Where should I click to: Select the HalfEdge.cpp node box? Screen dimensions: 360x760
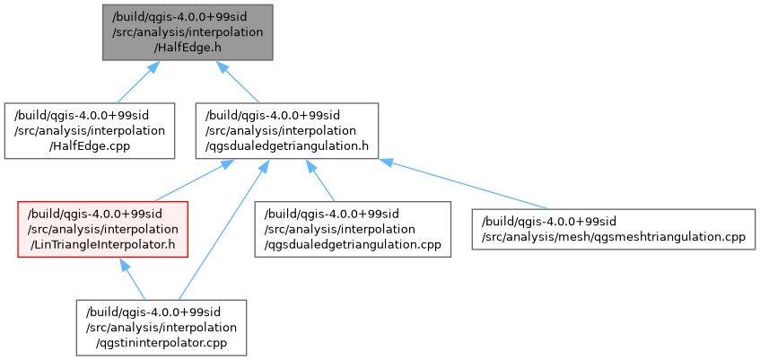coord(89,130)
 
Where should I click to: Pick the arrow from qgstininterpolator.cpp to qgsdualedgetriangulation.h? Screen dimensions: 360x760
coord(220,233)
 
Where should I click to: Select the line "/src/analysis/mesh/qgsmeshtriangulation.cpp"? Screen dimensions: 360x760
coord(616,236)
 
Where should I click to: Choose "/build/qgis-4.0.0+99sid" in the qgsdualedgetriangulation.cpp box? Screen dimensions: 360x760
coord(328,214)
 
